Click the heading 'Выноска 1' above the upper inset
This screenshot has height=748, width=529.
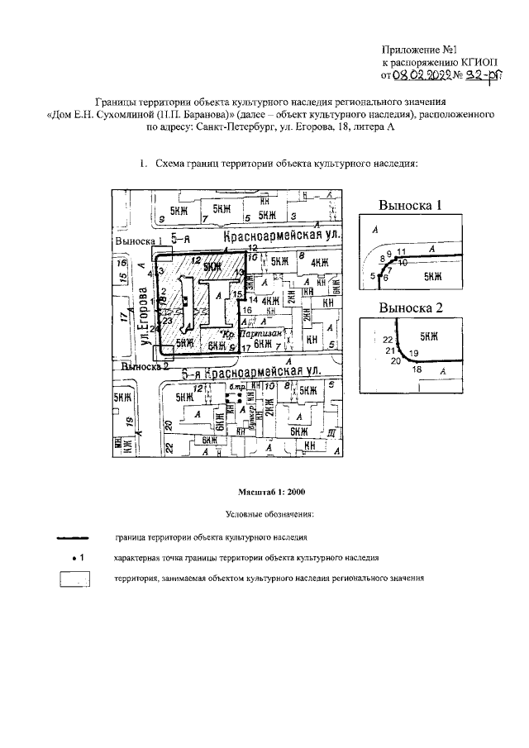[x=410, y=205]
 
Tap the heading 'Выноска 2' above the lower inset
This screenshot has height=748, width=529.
[x=411, y=308]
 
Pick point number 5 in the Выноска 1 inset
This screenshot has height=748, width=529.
[x=373, y=275]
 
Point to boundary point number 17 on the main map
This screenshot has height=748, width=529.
[x=245, y=348]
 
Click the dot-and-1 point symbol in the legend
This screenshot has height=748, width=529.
[x=78, y=558]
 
